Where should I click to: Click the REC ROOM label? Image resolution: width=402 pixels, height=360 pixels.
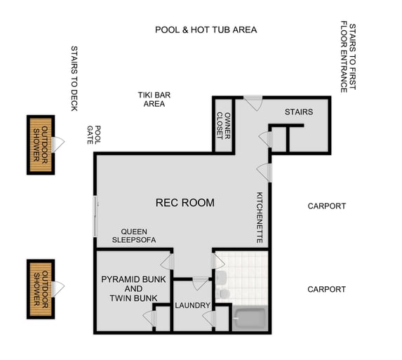coord(185,203)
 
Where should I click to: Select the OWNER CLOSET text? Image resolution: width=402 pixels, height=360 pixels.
coord(223,125)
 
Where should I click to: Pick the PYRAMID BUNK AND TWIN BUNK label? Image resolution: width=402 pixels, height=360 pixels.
coord(128,288)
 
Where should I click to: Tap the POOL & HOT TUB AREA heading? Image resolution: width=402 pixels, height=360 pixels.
coord(206,30)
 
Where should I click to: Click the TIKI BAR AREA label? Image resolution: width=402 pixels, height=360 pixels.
coord(154,99)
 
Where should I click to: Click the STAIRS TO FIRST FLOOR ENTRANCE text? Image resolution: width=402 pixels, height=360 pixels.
coord(348,58)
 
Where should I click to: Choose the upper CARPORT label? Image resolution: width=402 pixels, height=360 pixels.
coord(326,206)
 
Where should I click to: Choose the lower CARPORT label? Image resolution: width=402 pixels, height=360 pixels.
coord(326,289)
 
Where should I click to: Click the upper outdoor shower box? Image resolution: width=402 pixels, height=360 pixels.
coord(41,145)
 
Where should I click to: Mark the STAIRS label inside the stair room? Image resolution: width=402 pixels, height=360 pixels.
coord(298,112)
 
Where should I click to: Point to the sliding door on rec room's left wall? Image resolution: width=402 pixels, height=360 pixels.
coord(95,216)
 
